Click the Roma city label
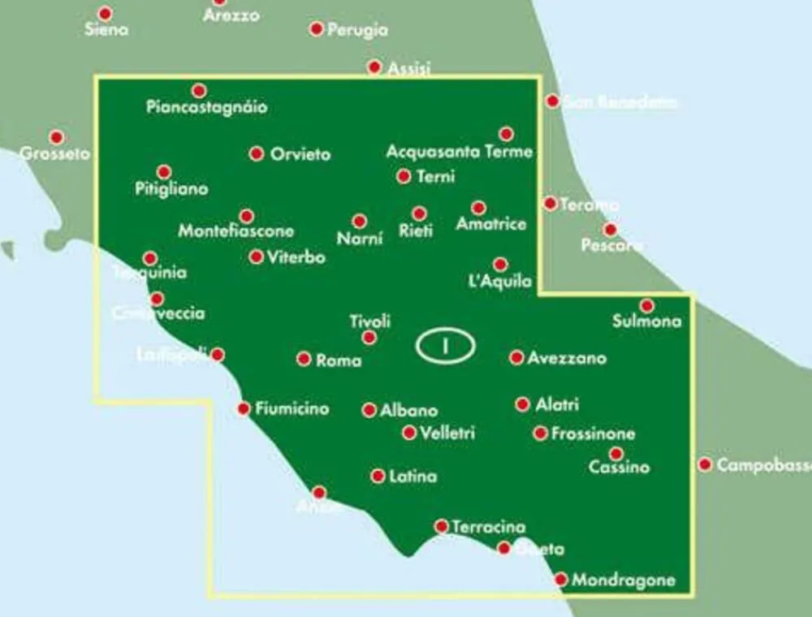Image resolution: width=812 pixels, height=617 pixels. pos(339,360)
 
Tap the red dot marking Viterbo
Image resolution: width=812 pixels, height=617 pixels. pos(257,257)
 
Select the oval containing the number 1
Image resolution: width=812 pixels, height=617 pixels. pos(445,346)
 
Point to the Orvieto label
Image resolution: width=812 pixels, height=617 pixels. pos(300,154)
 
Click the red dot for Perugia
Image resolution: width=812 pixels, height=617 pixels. pos(317,29)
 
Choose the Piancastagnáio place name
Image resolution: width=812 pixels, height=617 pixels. pos(207,107)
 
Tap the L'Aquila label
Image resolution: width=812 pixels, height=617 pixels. pos(500,282)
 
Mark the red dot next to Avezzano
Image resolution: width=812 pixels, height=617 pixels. pos(516,357)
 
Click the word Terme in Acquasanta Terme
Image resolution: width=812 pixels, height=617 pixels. pos(508,152)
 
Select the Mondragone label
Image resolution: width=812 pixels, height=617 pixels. pos(624,580)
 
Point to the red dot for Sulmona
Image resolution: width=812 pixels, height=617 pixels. pos(646,306)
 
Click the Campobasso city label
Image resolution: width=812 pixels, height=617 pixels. pos(763,465)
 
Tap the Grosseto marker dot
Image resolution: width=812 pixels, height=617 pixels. pos(56,137)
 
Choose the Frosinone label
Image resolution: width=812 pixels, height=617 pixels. pos(593,434)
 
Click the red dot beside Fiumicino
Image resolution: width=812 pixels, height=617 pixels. pos(243,408)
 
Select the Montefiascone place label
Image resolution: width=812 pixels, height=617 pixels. pos(235,231)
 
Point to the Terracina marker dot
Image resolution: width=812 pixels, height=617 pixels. pos(442,526)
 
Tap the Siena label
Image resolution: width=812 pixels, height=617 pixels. pos(106,30)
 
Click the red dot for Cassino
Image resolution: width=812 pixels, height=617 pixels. pos(616,454)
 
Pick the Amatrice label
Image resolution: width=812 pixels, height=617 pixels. pos(491,224)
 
